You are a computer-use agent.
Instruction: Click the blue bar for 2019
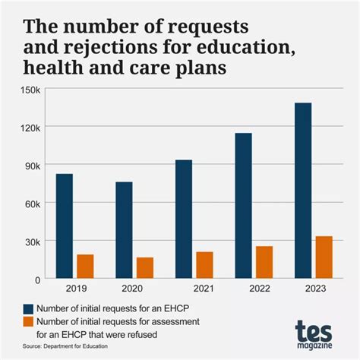65,226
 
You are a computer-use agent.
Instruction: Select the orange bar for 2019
85,266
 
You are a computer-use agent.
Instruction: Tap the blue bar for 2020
125,229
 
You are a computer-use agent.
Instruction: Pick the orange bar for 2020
145,267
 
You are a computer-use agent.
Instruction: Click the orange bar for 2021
204,264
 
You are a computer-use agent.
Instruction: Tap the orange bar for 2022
264,262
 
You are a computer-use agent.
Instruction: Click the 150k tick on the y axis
30,90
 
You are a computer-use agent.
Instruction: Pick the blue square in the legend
30,308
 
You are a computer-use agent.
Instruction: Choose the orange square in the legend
30,322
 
